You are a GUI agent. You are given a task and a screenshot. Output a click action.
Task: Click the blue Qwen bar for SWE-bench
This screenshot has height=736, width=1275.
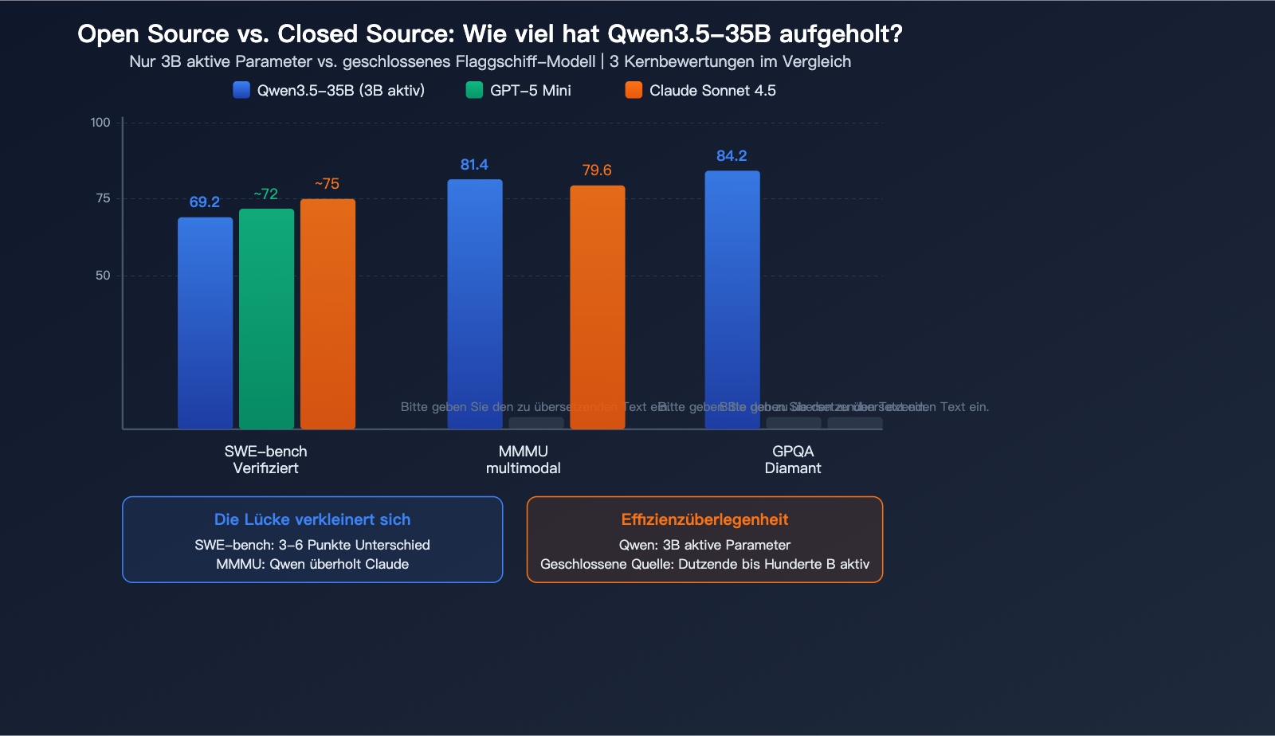[205, 323]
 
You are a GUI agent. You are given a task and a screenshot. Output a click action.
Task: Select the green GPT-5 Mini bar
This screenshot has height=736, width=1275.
[266, 319]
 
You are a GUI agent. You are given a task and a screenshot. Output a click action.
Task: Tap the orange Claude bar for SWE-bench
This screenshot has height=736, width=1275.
[328, 314]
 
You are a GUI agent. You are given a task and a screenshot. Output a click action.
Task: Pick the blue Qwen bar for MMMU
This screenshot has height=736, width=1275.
[475, 303]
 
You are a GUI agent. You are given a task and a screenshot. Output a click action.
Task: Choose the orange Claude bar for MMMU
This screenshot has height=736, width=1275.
[598, 307]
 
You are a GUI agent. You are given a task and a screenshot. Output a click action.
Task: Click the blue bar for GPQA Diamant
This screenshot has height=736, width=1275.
[732, 299]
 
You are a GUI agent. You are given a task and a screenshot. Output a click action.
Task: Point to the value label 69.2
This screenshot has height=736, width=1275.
[205, 202]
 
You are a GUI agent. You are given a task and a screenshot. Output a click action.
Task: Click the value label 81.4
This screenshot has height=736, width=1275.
[474, 165]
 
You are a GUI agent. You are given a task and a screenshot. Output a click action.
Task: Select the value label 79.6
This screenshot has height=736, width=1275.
[597, 170]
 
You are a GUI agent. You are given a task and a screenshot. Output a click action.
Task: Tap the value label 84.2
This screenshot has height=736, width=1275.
[732, 156]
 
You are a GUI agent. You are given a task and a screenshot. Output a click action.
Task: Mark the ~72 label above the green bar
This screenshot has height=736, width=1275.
[266, 194]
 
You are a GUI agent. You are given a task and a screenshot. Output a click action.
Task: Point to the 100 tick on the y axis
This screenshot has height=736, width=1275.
[100, 123]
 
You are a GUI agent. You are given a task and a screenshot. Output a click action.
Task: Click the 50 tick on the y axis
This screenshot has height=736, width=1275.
[103, 276]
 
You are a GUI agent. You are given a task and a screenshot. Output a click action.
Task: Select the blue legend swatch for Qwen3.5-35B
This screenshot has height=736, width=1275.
[241, 90]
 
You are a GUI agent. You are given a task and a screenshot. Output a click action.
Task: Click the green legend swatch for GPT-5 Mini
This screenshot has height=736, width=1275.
[474, 90]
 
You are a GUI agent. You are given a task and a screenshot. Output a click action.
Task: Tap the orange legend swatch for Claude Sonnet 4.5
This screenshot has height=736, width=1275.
[634, 90]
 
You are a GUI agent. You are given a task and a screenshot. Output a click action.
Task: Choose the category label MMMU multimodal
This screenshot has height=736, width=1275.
[524, 460]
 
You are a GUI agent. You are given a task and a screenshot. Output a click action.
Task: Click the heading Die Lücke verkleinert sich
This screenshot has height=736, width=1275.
[312, 519]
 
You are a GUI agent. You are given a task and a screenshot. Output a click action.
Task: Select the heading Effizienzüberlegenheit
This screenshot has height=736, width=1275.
[704, 519]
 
